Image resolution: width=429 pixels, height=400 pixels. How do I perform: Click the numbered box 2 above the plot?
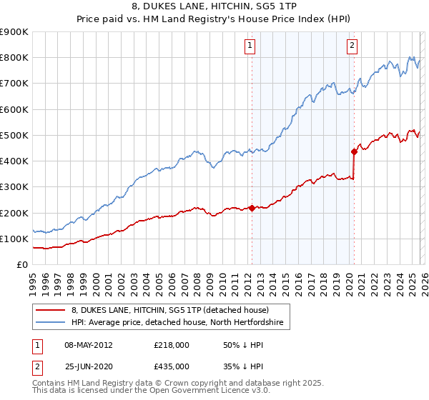(x=353, y=46)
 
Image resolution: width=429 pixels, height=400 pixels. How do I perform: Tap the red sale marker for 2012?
(x=252, y=208)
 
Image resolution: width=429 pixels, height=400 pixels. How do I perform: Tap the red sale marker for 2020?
(x=354, y=151)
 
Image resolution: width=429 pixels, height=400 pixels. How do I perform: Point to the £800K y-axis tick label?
(x=14, y=58)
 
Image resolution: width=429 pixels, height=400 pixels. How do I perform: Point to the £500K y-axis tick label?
(x=14, y=135)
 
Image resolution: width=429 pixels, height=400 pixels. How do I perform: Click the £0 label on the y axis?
(x=22, y=264)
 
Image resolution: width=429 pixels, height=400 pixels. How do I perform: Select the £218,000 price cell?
(x=171, y=345)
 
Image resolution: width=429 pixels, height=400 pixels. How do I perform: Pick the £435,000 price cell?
(x=171, y=366)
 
